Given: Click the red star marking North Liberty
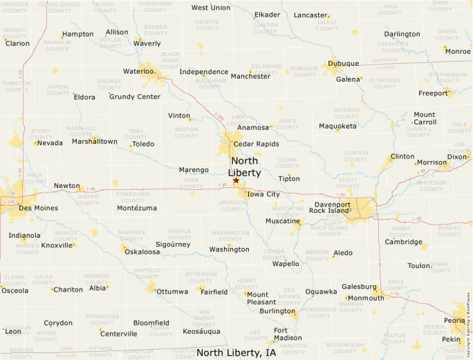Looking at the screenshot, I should click(x=236, y=180).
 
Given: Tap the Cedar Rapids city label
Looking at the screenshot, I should click(x=256, y=144).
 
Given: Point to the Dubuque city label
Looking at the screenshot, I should click(x=343, y=64).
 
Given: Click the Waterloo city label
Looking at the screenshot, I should click(x=138, y=71).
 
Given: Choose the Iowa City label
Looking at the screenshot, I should click(x=263, y=194).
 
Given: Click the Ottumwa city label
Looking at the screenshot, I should click(x=172, y=292).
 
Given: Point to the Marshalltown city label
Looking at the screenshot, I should click(x=94, y=142).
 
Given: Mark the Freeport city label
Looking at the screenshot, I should click(x=433, y=93).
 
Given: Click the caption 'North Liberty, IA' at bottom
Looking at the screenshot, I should click(x=236, y=352).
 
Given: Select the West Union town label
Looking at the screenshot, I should click(x=211, y=8).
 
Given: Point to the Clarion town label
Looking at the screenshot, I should click(x=18, y=43).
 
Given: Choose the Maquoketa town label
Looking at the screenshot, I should click(x=337, y=126).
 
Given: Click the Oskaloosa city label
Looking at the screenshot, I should click(x=142, y=252).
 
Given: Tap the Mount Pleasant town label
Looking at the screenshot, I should click(x=261, y=298).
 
